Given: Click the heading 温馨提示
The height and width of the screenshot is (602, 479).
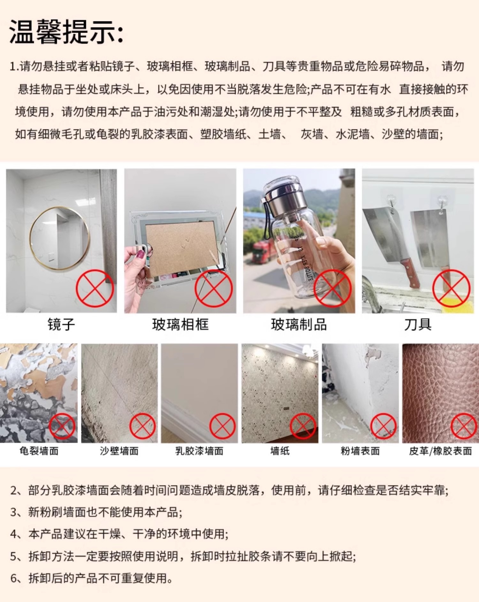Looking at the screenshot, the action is coord(63,32).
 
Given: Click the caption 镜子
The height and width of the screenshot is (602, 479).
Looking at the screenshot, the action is coord(61,325).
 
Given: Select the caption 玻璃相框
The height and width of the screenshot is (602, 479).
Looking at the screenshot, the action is coord(180,325).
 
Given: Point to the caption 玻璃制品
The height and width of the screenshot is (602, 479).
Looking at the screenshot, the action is coord(299,325).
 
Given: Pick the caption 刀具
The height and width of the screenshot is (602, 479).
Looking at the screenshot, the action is coord(418,325).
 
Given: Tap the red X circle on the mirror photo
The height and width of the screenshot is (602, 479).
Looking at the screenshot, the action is coord(95,288).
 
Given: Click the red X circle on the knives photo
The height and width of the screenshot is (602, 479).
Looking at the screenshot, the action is coord(451,288).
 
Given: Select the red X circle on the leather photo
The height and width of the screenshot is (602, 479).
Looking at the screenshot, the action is coord(464,426).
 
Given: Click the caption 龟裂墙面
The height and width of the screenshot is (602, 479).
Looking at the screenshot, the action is coord(39,451).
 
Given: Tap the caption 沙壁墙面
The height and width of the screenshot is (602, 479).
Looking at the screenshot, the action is coord(119,451).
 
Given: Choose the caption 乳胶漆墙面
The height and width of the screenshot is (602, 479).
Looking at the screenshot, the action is coord(199,451).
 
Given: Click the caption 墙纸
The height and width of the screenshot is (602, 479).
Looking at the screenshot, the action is coord(280,451).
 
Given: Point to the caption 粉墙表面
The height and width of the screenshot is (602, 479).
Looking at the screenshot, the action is coord(360,451).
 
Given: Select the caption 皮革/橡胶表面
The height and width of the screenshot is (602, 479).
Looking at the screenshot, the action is coord(440,451).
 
